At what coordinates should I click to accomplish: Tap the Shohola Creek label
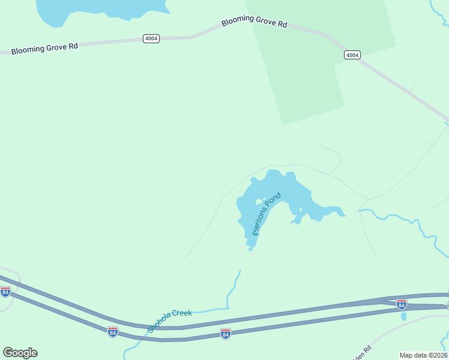click(169, 321)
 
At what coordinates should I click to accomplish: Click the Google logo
click(20, 353)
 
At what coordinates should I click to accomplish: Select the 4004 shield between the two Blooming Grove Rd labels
click(151, 38)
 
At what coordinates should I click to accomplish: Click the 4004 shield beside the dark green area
click(352, 55)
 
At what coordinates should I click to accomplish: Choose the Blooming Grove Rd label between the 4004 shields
click(254, 22)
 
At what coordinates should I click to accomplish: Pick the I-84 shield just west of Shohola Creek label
click(112, 331)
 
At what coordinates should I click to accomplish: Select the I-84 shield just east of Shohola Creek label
click(225, 332)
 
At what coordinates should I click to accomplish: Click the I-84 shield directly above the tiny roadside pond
click(402, 304)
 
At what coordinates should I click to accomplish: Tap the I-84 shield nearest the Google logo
click(5, 292)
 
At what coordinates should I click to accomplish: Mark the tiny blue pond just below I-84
click(403, 316)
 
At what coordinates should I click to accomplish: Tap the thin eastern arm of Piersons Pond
click(333, 210)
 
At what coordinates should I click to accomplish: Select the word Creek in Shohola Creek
click(181, 314)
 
